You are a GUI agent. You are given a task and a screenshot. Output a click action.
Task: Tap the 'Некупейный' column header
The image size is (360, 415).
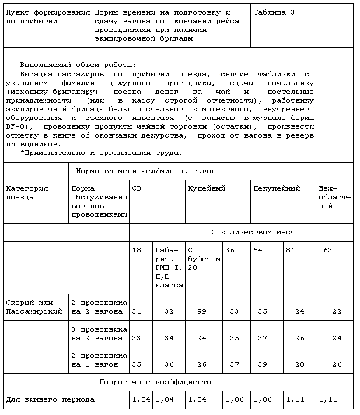point(277,188)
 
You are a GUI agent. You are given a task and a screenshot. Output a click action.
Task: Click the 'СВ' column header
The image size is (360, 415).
point(137,188)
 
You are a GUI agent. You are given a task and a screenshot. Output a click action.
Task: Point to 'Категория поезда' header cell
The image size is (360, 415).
point(27,192)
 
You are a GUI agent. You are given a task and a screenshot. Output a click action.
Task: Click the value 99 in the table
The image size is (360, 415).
point(202,311)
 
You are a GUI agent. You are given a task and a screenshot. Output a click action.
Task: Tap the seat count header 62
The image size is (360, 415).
point(327,249)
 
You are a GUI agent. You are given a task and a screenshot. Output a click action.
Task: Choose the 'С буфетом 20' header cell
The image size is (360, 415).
point(204,258)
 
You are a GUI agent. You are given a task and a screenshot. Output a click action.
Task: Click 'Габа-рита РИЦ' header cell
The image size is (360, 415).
point(169,267)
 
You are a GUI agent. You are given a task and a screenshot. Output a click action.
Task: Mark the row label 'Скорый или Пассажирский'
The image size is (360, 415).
point(34,307)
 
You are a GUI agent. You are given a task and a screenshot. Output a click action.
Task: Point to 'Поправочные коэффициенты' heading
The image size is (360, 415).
point(155,382)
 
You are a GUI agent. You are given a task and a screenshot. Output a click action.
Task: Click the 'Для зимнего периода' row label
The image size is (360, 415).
point(50,400)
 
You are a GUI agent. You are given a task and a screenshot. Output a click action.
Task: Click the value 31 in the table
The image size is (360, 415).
point(137,311)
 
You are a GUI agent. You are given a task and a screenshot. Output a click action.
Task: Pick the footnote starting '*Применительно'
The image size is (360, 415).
point(101,153)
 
